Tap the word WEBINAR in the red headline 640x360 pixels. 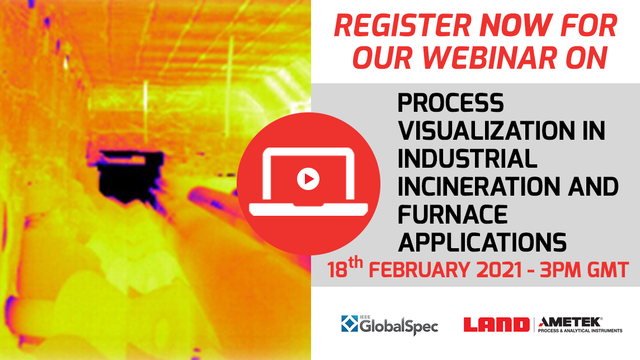[524, 58]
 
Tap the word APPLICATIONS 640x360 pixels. [482, 243]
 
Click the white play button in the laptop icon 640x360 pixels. [308, 179]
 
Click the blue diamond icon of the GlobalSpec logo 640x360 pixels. [350, 324]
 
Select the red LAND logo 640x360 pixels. [496, 324]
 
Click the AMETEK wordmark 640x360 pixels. [570, 321]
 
